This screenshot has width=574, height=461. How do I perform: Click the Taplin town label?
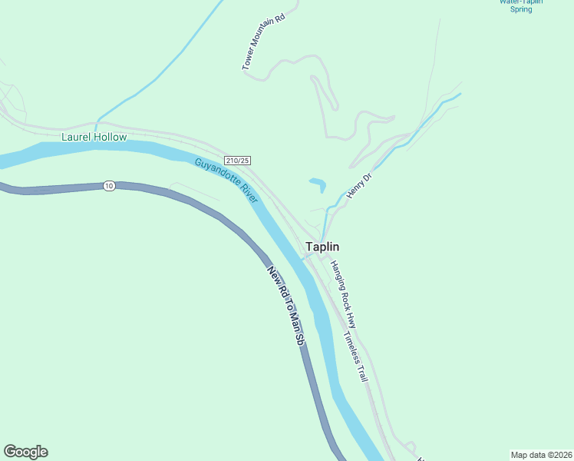(322, 247)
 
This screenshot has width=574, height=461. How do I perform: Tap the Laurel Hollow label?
(94, 138)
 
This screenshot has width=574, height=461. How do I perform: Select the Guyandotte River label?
(226, 181)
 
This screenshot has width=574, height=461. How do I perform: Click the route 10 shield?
(110, 186)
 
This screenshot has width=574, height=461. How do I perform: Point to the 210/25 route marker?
(238, 160)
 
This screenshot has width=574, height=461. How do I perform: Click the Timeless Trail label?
(357, 357)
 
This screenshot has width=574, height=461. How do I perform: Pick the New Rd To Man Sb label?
(286, 305)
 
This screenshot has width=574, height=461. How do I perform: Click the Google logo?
(25, 452)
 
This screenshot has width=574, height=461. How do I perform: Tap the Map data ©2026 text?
(542, 454)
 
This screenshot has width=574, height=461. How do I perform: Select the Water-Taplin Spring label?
(521, 5)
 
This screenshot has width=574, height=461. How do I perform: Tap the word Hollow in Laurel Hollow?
(110, 138)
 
